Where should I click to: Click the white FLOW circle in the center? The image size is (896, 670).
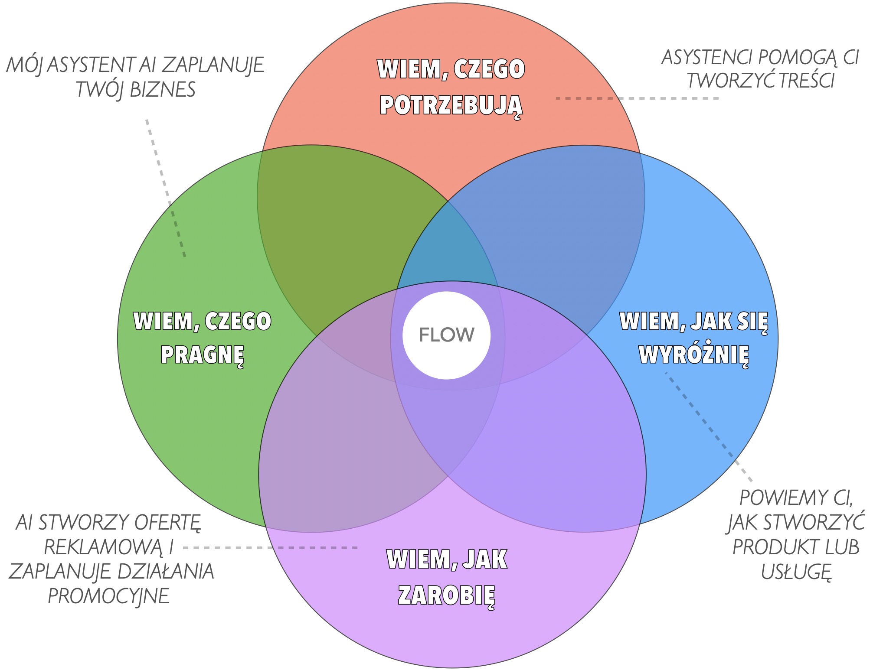pyautogui.click(x=446, y=335)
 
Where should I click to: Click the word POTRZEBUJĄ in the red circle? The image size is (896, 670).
pyautogui.click(x=451, y=105)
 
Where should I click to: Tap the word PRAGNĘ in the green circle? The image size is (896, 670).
pyautogui.click(x=202, y=355)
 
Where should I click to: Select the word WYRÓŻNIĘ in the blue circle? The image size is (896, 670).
pyautogui.click(x=694, y=355)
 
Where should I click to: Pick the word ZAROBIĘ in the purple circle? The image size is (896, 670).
pyautogui.click(x=446, y=595)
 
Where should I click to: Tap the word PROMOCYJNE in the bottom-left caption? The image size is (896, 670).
pyautogui.click(x=108, y=596)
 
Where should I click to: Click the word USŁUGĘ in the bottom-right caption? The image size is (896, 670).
pyautogui.click(x=796, y=572)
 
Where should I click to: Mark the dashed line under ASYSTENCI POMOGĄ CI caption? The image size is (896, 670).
pyautogui.click(x=638, y=99)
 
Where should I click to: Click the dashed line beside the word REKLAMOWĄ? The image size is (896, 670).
pyautogui.click(x=269, y=548)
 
